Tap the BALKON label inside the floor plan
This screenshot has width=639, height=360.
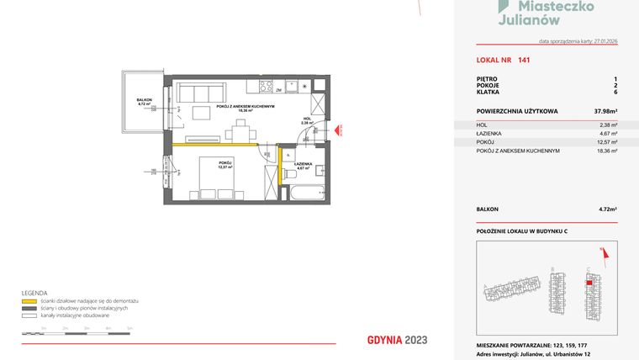tap(144, 100)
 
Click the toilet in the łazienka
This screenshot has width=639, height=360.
tap(290, 173)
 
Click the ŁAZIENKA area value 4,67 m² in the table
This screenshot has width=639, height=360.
tap(608, 133)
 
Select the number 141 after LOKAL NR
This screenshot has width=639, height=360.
tap(524, 60)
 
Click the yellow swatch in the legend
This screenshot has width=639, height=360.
tap(29, 300)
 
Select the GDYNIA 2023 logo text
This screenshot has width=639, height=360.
tap(397, 340)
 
